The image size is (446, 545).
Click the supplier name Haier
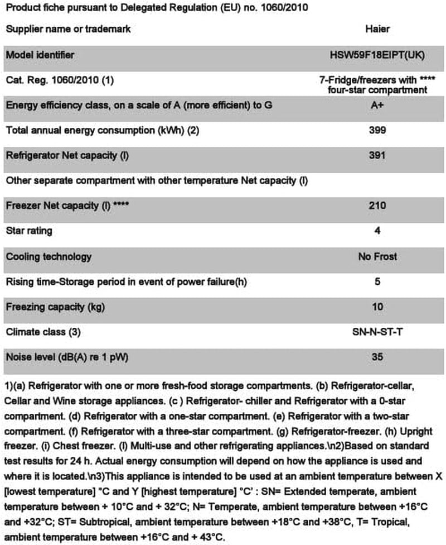point(377,28)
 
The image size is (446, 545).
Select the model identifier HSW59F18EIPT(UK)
point(377,55)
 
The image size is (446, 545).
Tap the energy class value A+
point(377,105)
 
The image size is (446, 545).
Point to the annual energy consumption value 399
point(377,130)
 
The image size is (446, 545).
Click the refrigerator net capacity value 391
point(377,155)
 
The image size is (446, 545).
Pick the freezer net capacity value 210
point(377,205)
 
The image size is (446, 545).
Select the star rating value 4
point(377,231)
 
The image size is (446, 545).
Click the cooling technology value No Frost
point(377,256)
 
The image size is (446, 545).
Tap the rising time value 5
point(377,281)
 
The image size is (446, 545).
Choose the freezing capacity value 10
point(377,307)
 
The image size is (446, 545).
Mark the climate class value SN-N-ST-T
point(377,332)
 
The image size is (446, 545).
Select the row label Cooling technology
point(49,256)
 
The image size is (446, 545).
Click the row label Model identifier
point(40,55)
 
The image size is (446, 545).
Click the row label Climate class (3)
point(43,332)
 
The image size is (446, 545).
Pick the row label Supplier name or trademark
point(68,28)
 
